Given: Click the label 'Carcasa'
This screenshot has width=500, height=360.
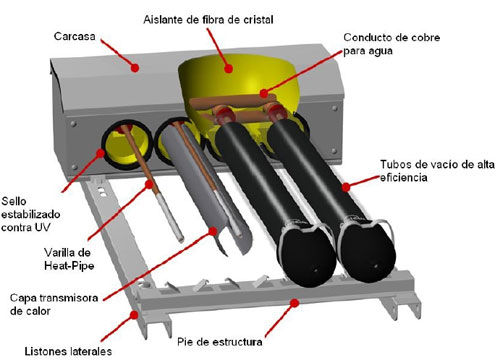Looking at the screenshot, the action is (75, 36).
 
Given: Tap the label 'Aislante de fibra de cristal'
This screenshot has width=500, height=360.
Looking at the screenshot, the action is (208, 20).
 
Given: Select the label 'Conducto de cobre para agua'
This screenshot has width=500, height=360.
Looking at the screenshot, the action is (392, 44).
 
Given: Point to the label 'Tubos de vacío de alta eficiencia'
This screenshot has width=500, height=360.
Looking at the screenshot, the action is (437, 170).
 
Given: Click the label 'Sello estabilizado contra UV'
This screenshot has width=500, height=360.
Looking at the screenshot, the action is (31, 214).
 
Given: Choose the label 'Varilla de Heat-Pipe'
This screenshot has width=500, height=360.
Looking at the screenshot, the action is (68, 259).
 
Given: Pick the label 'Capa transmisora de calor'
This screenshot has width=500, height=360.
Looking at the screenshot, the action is (54, 304).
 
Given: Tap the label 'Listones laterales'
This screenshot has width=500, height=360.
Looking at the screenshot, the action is (68, 351).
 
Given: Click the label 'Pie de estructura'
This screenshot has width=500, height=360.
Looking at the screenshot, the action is (220, 342).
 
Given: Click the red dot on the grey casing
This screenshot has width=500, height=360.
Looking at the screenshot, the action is (135, 68).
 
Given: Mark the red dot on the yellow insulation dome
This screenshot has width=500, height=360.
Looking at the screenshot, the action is (228, 69).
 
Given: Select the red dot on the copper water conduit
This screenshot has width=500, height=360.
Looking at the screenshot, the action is (264, 93).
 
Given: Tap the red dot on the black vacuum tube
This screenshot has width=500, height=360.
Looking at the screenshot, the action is (346, 187).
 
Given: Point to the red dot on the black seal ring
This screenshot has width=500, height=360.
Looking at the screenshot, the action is (100, 153).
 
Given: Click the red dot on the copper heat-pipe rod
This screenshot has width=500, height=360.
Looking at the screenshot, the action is (149, 184).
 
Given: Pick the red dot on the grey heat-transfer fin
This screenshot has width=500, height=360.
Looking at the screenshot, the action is (213, 231).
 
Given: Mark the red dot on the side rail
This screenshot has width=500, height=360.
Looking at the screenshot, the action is (134, 314).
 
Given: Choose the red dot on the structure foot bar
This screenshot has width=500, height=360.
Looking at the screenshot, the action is (294, 303).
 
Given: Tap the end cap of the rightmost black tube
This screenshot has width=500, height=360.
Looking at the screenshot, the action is (368, 254).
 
